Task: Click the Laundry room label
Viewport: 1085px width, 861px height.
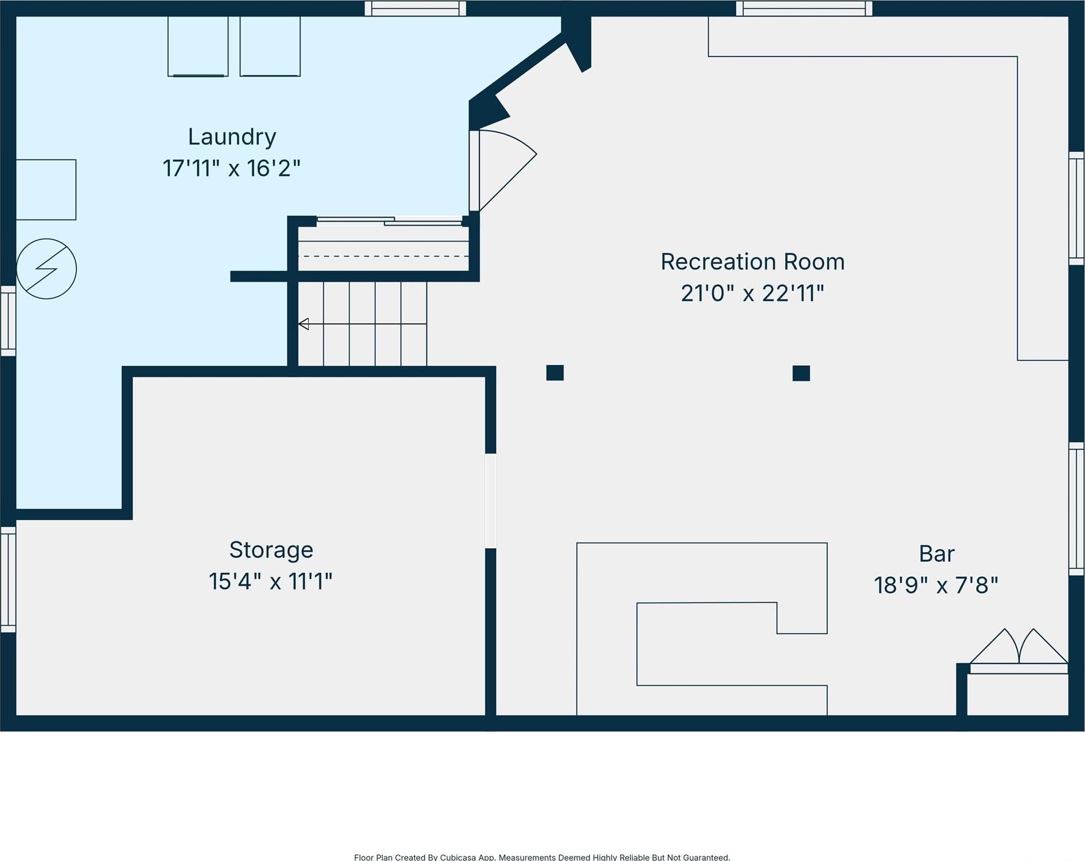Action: point(232,137)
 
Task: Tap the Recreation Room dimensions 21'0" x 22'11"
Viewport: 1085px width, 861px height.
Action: point(752,293)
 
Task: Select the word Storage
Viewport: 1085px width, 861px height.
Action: point(271,550)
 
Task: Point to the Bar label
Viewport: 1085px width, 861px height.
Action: point(936,554)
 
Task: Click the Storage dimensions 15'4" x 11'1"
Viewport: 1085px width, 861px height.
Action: point(271,582)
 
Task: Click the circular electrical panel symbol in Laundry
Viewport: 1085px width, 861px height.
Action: point(46,269)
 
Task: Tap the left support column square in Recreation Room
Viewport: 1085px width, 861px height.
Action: point(555,373)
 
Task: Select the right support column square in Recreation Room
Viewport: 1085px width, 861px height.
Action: point(801,373)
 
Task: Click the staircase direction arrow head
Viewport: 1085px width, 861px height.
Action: point(303,324)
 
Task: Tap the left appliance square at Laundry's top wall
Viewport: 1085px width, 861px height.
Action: point(198,46)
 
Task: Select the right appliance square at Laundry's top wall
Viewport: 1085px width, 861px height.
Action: point(270,46)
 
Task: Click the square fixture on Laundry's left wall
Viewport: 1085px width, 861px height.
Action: point(46,189)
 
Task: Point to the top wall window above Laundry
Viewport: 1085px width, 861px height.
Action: point(415,8)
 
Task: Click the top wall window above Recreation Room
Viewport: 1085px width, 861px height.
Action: point(804,8)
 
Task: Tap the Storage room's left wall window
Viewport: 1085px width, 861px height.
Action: point(8,579)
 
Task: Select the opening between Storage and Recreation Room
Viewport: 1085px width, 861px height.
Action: point(490,500)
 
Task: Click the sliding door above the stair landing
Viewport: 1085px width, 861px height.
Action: point(389,221)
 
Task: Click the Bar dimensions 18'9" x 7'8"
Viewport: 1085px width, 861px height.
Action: point(936,586)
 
